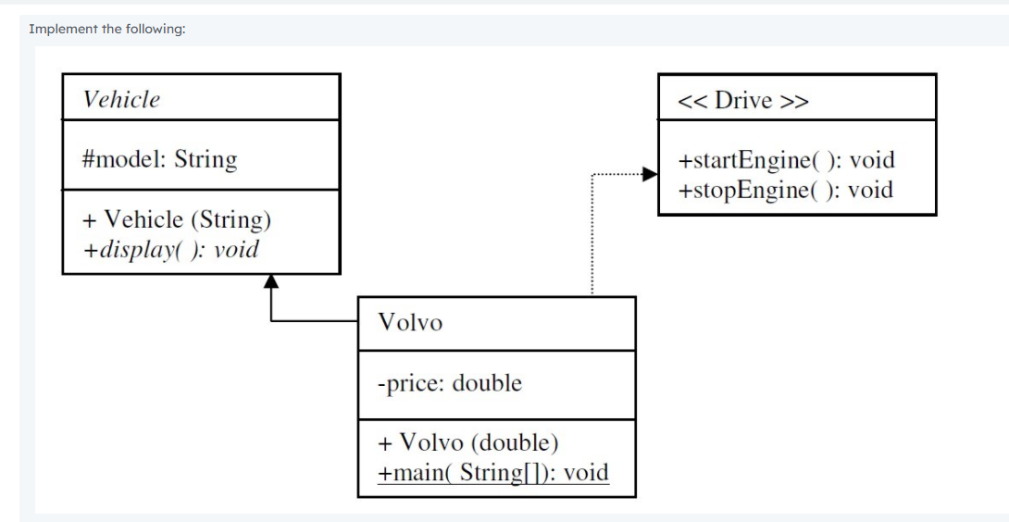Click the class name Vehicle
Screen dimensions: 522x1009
tap(121, 100)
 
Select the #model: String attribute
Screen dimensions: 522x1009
tap(159, 159)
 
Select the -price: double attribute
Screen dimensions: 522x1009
tap(450, 382)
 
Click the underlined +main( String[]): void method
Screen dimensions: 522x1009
tap(493, 473)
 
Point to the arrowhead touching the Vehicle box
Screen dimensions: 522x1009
tap(270, 281)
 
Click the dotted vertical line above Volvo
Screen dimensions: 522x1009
tap(591, 241)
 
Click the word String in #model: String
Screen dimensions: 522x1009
tap(206, 159)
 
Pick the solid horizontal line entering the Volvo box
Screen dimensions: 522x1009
tap(315, 321)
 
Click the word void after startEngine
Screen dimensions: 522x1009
tap(872, 160)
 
